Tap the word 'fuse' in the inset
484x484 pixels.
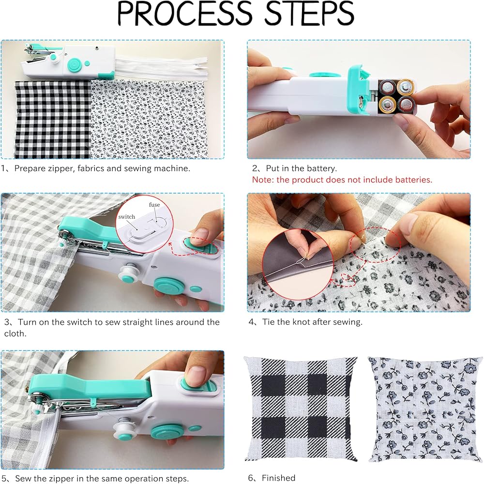coord(154,205)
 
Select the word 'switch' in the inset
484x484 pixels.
coord(126,217)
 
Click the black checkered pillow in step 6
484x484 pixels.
coord(301,409)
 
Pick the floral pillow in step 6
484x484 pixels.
coord(425,409)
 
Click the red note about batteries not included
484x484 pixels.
coord(342,180)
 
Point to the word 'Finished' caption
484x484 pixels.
coord(278,478)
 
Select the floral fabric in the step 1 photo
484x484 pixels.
coord(149,119)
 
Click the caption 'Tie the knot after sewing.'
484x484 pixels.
coord(312,322)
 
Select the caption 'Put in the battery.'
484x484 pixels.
coord(301,168)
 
